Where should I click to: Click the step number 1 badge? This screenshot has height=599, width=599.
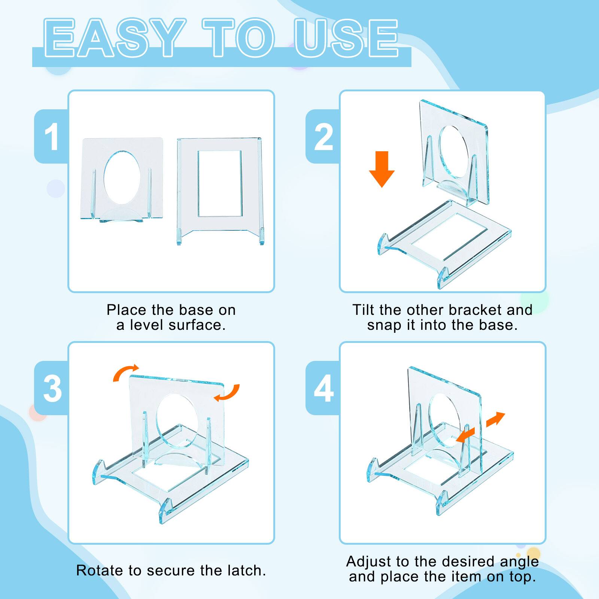52,137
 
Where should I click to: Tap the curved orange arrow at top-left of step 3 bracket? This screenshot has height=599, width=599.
126,373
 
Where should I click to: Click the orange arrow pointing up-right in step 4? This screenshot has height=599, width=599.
495,419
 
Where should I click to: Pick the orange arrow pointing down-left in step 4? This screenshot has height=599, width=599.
465,436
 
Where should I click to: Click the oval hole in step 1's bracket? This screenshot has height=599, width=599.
122,177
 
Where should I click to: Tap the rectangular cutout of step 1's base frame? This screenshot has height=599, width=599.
220,183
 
